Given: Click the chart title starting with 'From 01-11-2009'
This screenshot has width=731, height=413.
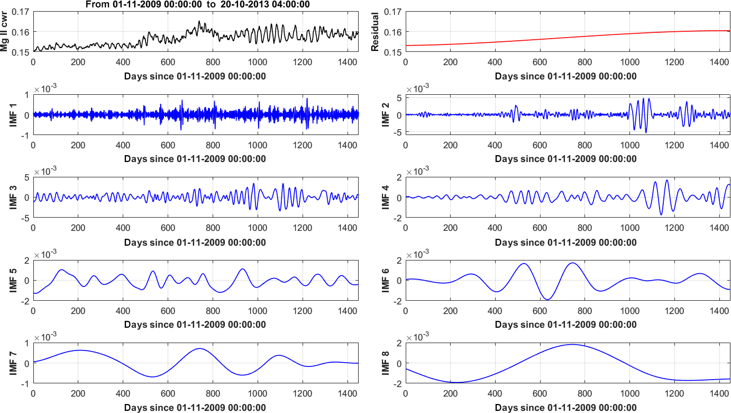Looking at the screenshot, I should [x=196, y=4].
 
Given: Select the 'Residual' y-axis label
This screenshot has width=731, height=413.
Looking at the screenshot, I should [x=376, y=32].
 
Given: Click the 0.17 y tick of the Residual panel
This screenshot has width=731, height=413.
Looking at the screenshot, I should [x=392, y=11].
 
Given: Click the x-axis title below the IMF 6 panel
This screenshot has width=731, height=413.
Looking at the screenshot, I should [x=566, y=325].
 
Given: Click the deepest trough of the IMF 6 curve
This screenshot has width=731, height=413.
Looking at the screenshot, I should [x=548, y=300].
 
